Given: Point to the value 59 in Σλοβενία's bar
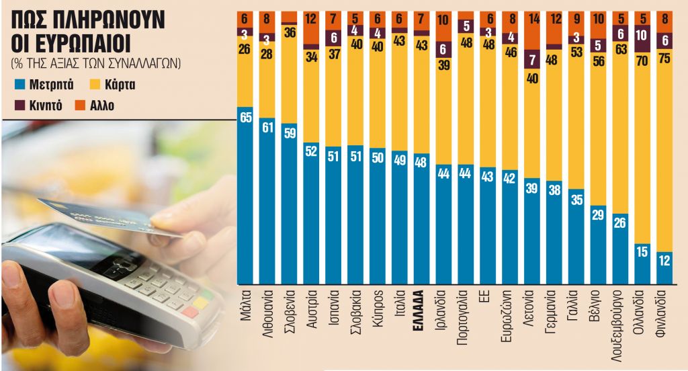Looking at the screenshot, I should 290,132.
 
